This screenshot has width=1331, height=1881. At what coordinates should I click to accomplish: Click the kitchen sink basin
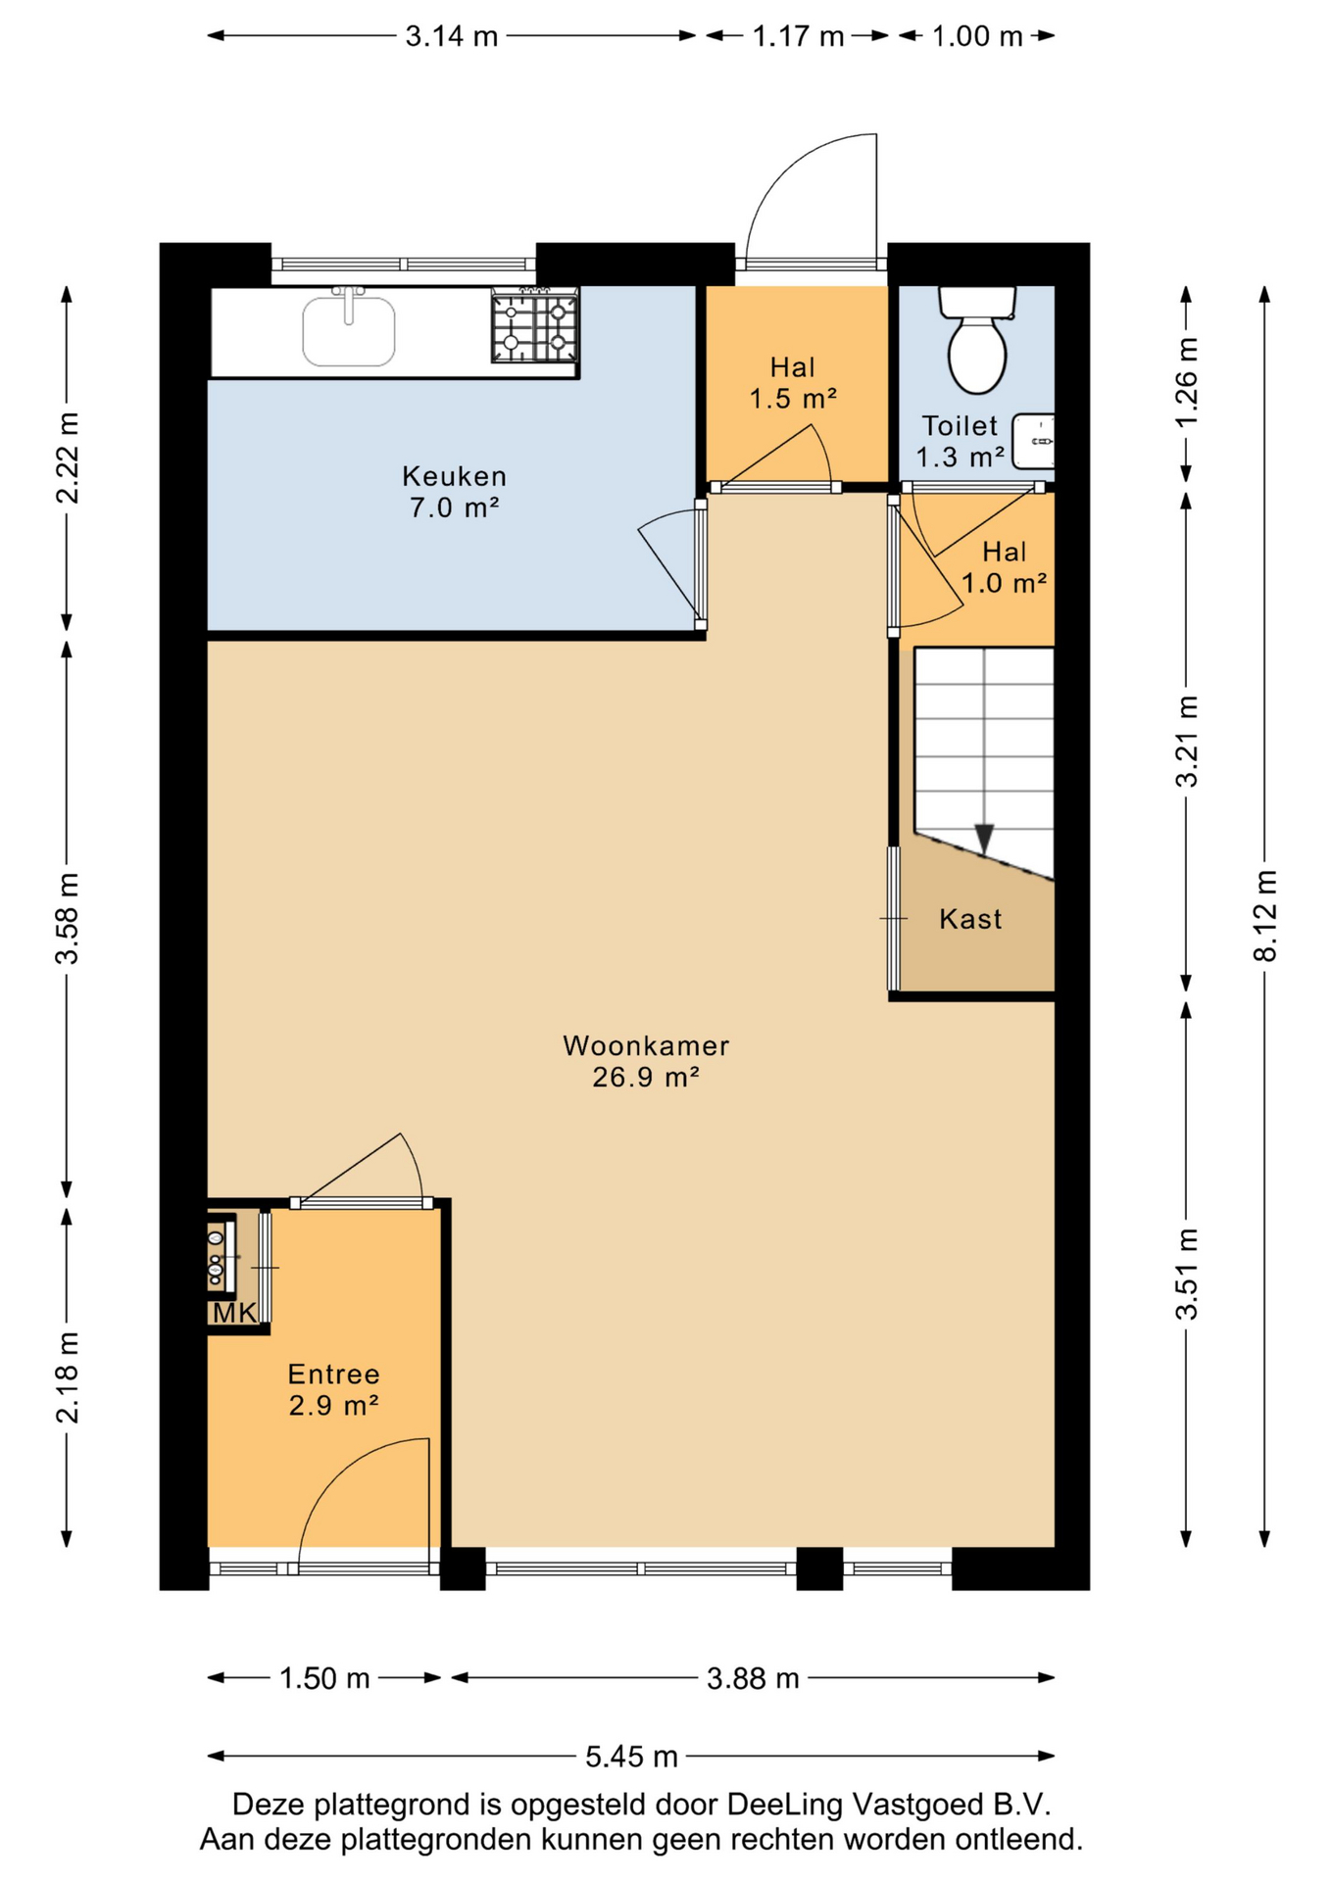[x=349, y=331]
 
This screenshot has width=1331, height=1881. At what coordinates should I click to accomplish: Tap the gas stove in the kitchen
[x=534, y=326]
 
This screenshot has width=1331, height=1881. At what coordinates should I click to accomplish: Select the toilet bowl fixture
[x=977, y=338]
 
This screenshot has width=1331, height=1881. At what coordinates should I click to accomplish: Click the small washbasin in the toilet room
[x=1033, y=441]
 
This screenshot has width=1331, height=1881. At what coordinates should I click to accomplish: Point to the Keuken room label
[x=455, y=477]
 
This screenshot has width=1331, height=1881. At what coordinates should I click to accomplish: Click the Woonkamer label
[x=646, y=1046]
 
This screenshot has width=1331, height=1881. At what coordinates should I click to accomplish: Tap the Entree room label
[x=333, y=1374]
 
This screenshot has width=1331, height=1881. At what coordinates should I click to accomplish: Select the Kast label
[x=970, y=919]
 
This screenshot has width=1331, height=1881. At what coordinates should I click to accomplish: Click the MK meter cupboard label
[x=234, y=1313]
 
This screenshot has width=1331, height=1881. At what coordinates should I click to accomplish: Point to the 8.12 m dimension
[x=1265, y=916]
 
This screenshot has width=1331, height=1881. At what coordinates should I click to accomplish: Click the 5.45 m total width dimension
[x=632, y=1757]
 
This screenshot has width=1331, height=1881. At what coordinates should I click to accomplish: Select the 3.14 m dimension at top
[x=452, y=36]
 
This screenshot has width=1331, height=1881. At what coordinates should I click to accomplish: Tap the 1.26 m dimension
[x=1186, y=383]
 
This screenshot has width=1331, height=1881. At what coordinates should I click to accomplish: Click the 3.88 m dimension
[x=753, y=1678]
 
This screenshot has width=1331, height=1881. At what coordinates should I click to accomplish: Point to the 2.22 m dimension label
[x=67, y=458]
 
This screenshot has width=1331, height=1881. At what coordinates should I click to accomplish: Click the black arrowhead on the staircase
[x=984, y=839]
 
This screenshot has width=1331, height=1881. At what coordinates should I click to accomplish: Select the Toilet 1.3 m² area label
[x=961, y=441]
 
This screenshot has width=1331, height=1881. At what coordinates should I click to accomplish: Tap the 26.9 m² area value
[x=646, y=1078]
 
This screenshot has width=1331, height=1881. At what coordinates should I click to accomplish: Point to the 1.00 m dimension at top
[x=977, y=36]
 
